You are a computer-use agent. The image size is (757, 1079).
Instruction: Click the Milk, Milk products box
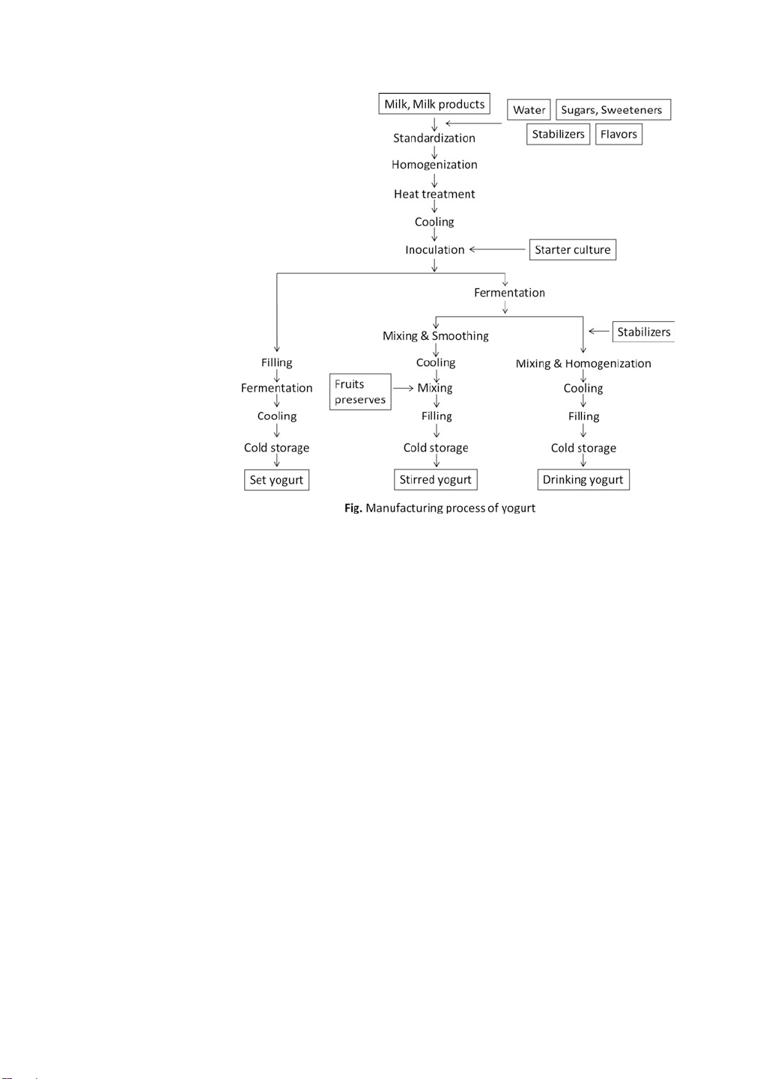pos(434,104)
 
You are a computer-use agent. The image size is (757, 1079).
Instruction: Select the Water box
pos(529,110)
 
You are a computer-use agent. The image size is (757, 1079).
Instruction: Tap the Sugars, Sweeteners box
pos(612,110)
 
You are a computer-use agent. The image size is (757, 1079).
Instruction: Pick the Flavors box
pos(618,134)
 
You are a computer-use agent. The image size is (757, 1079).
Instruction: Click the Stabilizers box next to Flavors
pos(558,134)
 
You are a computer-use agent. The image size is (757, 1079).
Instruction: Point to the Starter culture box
pos(572,249)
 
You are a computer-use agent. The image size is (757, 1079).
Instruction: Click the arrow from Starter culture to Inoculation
pos(498,249)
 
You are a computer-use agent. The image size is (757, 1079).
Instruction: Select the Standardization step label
pos(434,138)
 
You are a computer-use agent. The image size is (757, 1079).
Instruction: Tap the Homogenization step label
pos(434,165)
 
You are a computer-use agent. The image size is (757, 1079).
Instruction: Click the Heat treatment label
pos(434,194)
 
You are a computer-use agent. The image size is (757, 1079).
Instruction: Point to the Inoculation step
pos(435,249)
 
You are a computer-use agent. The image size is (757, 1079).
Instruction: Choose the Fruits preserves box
pos(360,392)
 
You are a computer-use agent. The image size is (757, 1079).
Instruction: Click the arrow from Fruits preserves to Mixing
pos(404,388)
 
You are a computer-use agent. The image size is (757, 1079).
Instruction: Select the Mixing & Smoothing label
pos(435,335)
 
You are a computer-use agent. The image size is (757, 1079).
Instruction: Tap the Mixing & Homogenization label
pos(583,363)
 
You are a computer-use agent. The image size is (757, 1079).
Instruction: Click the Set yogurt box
pos(276,480)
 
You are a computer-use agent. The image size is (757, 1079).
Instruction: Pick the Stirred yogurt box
pos(435,479)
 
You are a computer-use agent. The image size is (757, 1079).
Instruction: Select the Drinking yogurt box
pos(583,479)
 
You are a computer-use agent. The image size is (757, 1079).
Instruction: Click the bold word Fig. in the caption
pos(353,508)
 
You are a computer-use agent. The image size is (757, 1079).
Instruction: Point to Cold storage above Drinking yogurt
pos(583,448)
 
